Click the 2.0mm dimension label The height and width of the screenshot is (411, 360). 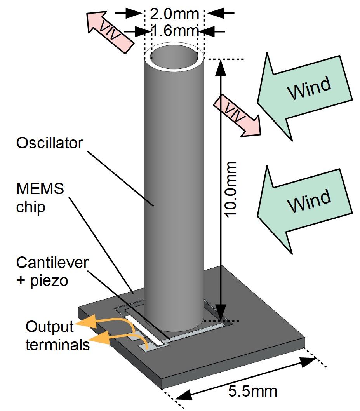pyautogui.click(x=174, y=14)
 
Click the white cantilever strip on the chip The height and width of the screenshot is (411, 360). pyautogui.click(x=141, y=330)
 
